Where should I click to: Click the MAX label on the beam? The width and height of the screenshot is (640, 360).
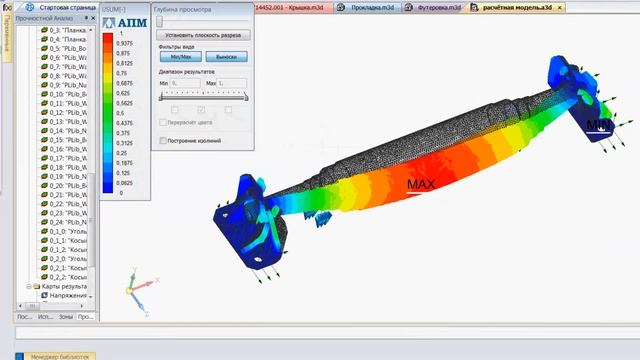coord(421,185)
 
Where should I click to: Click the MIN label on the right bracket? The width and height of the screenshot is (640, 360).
coord(597,125)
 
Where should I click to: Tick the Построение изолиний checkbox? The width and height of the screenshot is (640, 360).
coord(163,140)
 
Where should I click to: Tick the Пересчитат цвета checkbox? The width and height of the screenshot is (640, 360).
coord(163,122)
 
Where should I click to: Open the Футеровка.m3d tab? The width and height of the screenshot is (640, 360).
coord(438,6)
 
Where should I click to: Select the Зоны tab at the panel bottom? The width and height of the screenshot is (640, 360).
coord(65,316)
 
